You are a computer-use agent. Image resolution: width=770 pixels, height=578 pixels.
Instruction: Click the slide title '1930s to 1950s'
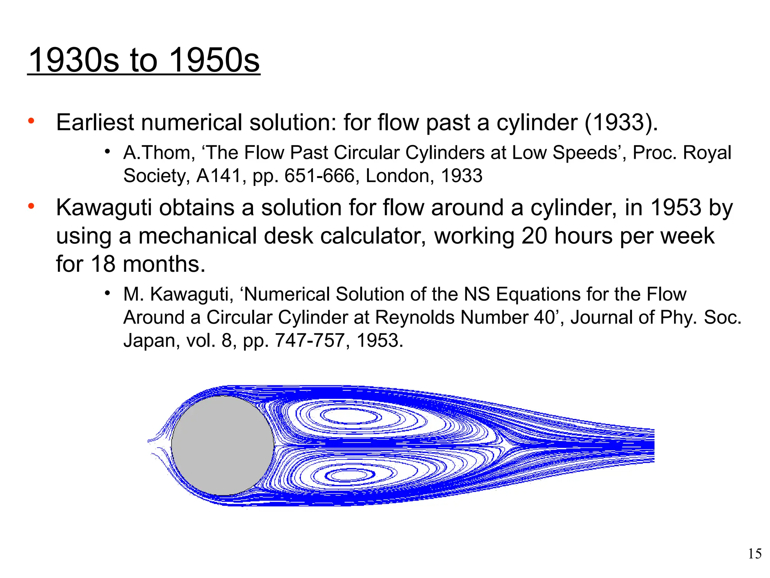(144, 60)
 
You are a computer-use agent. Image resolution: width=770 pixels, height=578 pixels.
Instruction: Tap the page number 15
(755, 554)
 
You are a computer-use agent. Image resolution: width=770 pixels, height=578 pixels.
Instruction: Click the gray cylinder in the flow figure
(223, 446)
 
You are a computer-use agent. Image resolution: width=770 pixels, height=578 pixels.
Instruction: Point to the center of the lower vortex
(350, 475)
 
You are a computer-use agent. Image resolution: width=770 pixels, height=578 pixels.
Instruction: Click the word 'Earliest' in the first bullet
(95, 123)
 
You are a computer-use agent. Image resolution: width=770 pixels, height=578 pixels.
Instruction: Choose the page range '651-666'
(320, 176)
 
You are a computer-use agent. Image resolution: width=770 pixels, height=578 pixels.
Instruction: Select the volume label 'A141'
(218, 176)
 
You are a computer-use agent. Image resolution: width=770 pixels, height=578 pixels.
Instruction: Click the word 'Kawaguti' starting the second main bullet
(104, 208)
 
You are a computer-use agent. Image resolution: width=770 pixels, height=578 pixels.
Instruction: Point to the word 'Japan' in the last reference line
(149, 341)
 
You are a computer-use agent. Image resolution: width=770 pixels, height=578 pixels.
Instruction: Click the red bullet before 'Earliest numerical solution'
(31, 121)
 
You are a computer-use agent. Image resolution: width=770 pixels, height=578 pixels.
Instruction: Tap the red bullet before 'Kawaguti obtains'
(31, 206)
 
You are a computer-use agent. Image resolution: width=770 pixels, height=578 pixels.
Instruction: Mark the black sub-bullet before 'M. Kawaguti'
(108, 293)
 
